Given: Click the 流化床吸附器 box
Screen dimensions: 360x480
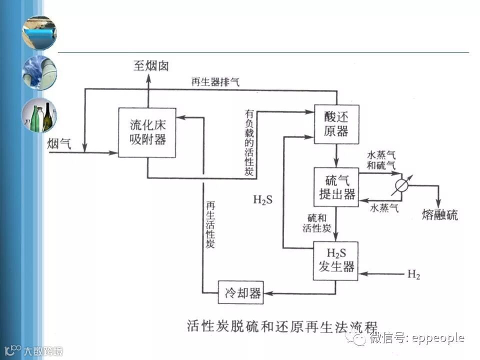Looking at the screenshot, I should pyautogui.click(x=147, y=132).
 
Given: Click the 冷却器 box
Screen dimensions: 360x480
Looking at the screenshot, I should pyautogui.click(x=240, y=293).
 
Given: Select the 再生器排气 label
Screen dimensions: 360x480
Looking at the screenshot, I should pyautogui.click(x=215, y=82).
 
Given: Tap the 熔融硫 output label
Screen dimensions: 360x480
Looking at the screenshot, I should pyautogui.click(x=439, y=215).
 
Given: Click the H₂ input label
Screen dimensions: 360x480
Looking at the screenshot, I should pyautogui.click(x=413, y=273).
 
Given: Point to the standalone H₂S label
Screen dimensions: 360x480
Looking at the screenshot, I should pyautogui.click(x=263, y=200).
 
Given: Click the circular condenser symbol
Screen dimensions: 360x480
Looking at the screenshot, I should pyautogui.click(x=401, y=185).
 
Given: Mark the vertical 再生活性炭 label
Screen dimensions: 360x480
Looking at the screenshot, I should pyautogui.click(x=210, y=224).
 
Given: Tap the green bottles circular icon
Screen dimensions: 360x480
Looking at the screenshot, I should pyautogui.click(x=39, y=115).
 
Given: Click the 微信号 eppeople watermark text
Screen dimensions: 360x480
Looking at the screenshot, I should pyautogui.click(x=417, y=338).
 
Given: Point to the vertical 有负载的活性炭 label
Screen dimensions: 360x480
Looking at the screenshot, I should pyautogui.click(x=249, y=143).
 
